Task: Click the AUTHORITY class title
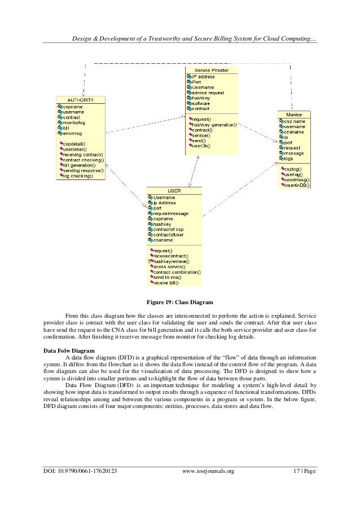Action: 80,100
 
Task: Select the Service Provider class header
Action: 211,69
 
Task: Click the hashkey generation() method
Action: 214,125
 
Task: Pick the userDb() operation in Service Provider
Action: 201,146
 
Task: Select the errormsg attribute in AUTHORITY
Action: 72,133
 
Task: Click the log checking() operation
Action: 78,175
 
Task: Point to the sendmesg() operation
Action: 297,179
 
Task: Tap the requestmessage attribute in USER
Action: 170,213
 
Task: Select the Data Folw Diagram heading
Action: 69,350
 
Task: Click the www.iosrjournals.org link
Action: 209,471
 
